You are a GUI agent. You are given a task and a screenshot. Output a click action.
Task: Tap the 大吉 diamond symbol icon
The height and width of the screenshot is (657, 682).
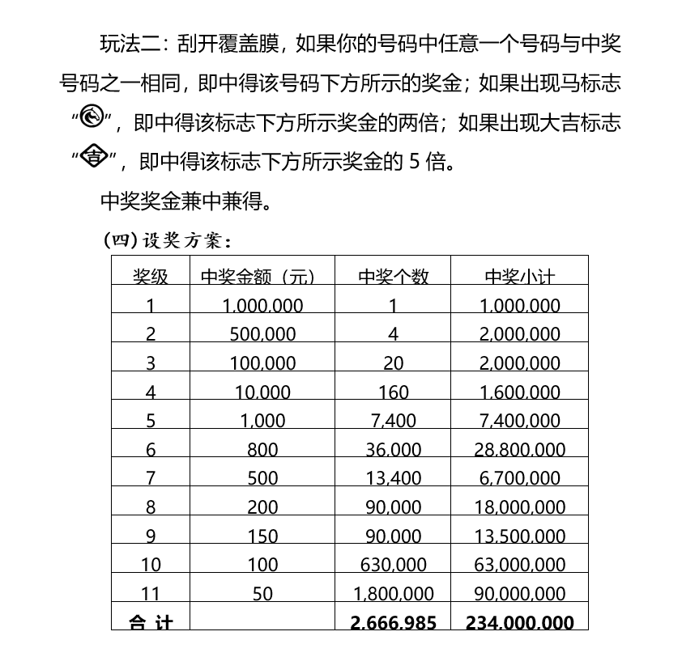point(94,158)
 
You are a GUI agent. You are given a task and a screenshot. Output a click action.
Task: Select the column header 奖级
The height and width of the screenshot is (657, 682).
point(151,277)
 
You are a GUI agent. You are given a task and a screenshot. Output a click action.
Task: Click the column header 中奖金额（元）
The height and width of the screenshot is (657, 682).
point(257,277)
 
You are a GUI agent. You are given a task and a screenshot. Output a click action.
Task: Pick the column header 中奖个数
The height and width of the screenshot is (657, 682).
point(393,277)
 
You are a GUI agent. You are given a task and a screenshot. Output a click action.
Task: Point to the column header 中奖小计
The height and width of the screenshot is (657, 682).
point(519,277)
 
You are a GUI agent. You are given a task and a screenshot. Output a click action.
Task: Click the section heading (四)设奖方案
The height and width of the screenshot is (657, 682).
point(168,240)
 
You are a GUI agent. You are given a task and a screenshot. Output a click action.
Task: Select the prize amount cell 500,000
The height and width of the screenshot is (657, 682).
point(262,334)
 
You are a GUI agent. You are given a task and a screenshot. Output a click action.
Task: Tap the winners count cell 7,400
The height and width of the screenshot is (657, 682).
point(393,421)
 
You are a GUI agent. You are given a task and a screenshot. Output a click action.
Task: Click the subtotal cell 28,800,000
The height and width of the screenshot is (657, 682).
point(519,450)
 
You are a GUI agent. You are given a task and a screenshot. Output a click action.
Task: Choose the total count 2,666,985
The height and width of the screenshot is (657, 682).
point(393,622)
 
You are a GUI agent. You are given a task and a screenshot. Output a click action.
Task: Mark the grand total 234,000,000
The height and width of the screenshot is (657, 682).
point(519,622)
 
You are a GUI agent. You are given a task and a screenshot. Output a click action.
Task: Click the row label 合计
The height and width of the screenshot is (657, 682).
point(151,622)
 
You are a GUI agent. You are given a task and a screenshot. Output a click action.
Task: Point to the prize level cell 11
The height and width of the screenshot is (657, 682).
point(151,594)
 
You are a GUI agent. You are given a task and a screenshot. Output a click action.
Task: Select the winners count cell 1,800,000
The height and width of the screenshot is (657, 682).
point(393,594)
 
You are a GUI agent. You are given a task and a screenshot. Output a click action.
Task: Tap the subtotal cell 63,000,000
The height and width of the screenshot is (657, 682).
point(519,565)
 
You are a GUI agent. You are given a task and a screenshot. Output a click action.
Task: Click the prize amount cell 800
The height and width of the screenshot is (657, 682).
point(262,450)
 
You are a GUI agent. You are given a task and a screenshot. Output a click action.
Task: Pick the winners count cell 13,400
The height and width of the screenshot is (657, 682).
point(393,478)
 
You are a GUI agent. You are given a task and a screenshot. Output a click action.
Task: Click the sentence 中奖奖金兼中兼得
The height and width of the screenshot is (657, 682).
point(185,200)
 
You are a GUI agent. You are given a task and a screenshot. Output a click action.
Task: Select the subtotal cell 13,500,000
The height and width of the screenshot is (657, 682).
point(519,536)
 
